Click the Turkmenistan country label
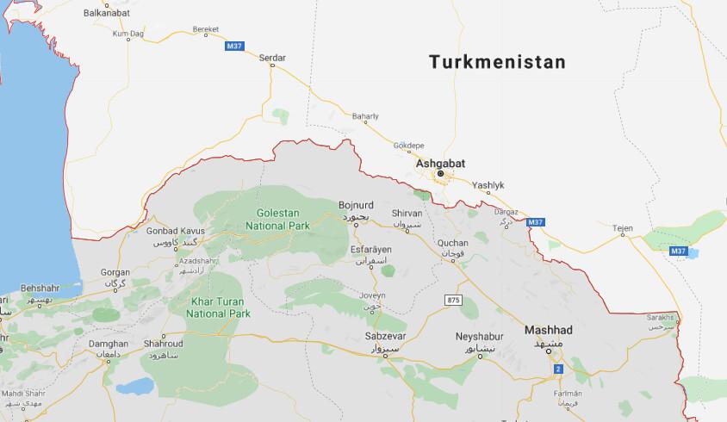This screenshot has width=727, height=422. tap(498, 63)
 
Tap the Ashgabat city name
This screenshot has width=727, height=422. tap(441, 161)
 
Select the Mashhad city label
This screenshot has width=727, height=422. tap(549, 329)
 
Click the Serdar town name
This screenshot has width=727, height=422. tap(272, 59)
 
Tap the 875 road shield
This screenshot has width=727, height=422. tap(454, 299)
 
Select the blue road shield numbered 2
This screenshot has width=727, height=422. tap(557, 369)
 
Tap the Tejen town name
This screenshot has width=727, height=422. tap(622, 228)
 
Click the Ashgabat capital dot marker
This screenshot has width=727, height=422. tap(440, 174)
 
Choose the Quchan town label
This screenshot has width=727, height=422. tap(453, 243)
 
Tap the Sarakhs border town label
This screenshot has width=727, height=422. tap(660, 318)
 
